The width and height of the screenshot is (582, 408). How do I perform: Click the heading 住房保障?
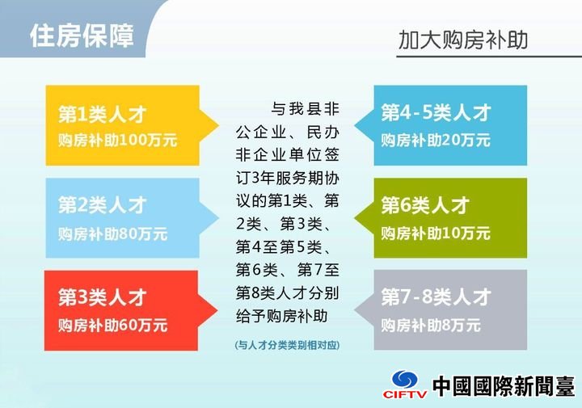pos(82,36)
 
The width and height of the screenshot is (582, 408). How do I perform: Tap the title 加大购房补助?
pos(463,40)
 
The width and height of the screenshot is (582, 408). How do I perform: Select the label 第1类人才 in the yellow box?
pos(103,114)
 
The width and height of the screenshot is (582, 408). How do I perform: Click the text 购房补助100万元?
pos(118,141)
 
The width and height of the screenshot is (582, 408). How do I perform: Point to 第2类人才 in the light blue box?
pos(103,205)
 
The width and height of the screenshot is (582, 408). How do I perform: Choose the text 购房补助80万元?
pos(113,234)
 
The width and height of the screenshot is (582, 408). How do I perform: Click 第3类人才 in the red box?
pos(103,297)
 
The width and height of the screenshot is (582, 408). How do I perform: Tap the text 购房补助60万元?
pos(113,326)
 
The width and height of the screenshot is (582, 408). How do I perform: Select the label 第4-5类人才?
pos(436,112)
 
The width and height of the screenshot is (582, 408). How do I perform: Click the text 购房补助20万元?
pos(436,141)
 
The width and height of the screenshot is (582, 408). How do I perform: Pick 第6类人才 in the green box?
pos(425,205)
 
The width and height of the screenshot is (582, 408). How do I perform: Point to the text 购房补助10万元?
pos(436,233)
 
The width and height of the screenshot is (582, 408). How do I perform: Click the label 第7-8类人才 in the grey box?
pos(436,297)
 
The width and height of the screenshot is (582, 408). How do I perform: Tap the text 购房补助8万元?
pos(431,326)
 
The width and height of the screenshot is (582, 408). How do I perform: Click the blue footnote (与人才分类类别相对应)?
pos(287,345)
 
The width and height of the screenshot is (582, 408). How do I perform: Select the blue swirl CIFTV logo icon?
pos(405,379)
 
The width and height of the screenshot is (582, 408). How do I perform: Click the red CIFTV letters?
pos(405,393)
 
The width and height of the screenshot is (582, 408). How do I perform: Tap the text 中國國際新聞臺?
pos(504,385)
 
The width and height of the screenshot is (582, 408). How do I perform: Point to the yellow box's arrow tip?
pos(219,125)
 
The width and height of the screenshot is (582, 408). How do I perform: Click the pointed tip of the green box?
pos(355,218)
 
